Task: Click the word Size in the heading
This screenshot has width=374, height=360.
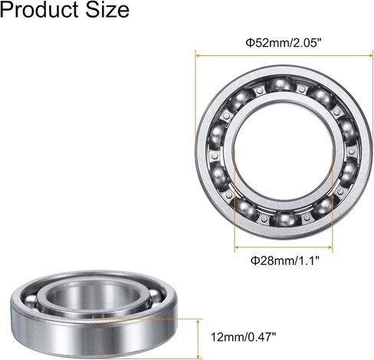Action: click(107, 10)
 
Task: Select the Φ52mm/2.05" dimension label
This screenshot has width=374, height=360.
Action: click(283, 43)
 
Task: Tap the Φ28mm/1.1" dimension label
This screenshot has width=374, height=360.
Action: click(285, 260)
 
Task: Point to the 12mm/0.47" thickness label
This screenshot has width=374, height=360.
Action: click(244, 337)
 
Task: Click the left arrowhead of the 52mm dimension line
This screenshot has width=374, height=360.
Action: click(198, 55)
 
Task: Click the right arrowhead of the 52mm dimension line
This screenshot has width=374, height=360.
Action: click(371, 55)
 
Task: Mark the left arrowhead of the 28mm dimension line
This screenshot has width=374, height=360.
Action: click(237, 247)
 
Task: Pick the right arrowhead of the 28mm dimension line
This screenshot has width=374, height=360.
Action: click(330, 247)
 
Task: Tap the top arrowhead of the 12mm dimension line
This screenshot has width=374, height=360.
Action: click(198, 321)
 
